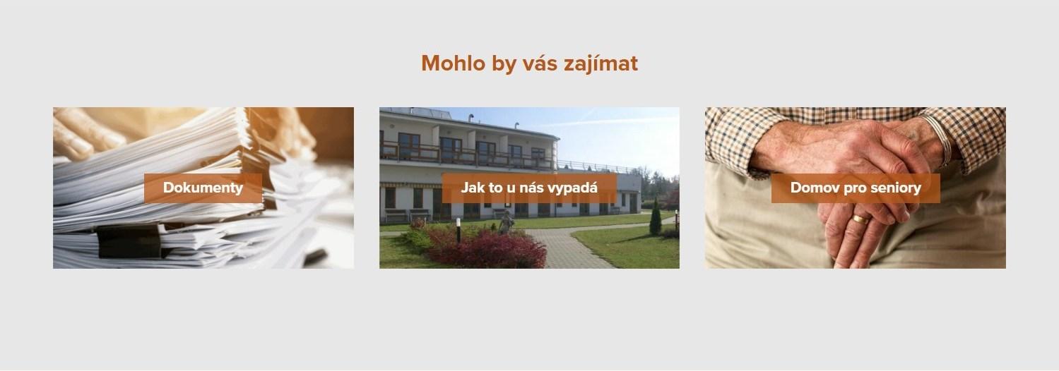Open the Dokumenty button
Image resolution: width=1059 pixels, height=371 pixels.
click(x=203, y=188)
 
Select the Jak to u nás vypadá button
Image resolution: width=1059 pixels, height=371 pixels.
click(x=529, y=188)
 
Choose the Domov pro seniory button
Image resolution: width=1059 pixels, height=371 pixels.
click(x=856, y=188)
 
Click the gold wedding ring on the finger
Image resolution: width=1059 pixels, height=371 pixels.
click(x=861, y=219)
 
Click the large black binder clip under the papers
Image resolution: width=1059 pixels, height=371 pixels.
click(x=130, y=241)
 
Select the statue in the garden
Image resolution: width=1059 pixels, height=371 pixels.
click(x=506, y=222)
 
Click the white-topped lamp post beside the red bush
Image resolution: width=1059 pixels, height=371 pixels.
click(x=458, y=230)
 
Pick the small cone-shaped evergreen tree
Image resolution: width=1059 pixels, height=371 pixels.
click(x=656, y=217)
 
